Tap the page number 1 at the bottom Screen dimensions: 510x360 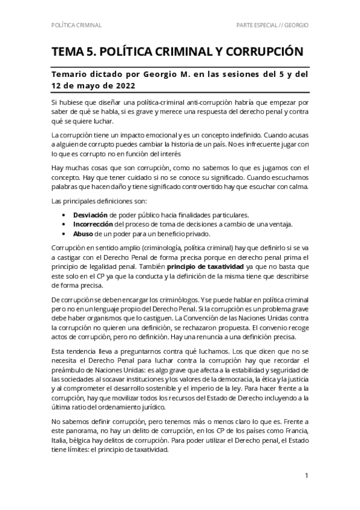click(307, 476)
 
